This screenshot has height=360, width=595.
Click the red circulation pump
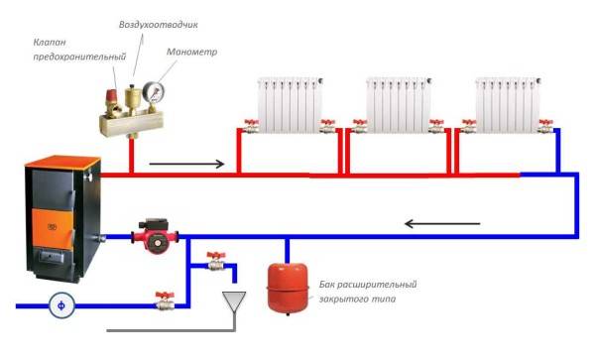154,235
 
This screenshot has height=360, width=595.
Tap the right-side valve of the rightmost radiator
543,126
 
